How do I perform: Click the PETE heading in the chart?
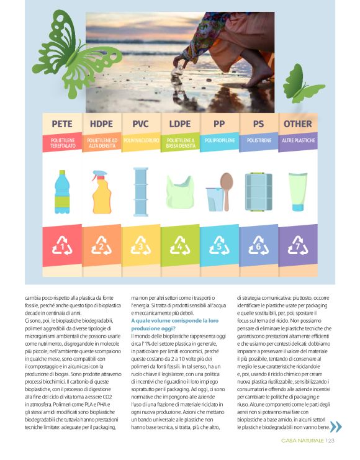[x=61, y=124]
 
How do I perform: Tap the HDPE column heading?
[x=101, y=124]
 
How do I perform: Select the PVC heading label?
[x=140, y=124]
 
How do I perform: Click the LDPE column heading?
[x=180, y=124]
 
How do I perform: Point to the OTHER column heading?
[x=297, y=124]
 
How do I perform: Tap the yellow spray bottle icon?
[x=101, y=192]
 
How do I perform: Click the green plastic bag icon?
[x=180, y=192]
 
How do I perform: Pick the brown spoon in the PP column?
[x=227, y=190]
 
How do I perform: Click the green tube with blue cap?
[x=297, y=192]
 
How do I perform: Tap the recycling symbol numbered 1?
[x=61, y=246]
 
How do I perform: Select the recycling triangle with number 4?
[x=180, y=246]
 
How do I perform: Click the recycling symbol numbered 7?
[x=297, y=246]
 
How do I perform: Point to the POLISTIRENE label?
[x=258, y=141]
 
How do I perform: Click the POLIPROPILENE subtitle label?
[x=219, y=141]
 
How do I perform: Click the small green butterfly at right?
[x=301, y=84]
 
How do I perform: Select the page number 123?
[x=330, y=441]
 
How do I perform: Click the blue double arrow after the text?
[x=335, y=426]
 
